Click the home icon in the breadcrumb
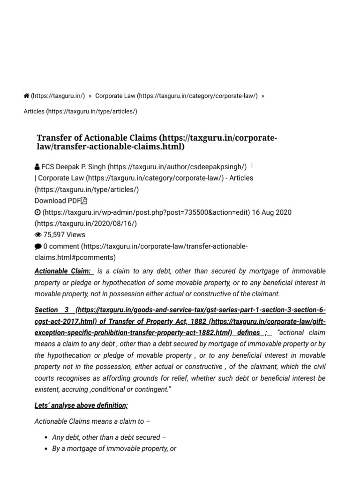26,96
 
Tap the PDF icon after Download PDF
84,201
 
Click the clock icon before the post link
37,212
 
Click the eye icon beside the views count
38,235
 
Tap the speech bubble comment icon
38,247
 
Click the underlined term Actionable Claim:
63,271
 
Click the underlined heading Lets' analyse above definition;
81,405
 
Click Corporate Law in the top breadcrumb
115,96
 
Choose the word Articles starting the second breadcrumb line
34,112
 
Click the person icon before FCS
37,167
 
